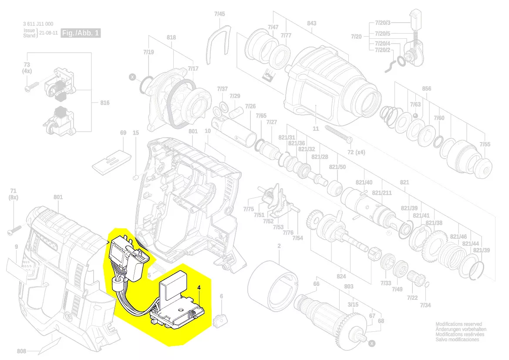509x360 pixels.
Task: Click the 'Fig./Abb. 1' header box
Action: [x=81, y=33]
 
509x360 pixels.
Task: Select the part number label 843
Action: [x=311, y=23]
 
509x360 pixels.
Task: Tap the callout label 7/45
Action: [x=219, y=14]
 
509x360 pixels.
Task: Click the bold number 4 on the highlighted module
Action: [x=199, y=288]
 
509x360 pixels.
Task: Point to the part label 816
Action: [x=105, y=103]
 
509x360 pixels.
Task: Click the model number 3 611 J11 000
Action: [x=38, y=24]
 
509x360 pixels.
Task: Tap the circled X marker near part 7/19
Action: [x=132, y=77]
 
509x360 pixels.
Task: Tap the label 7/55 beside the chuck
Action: [x=485, y=144]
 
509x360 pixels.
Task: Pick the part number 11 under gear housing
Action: [x=315, y=129]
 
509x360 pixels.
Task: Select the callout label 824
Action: [x=341, y=276]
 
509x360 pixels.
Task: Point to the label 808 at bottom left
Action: [x=22, y=351]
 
